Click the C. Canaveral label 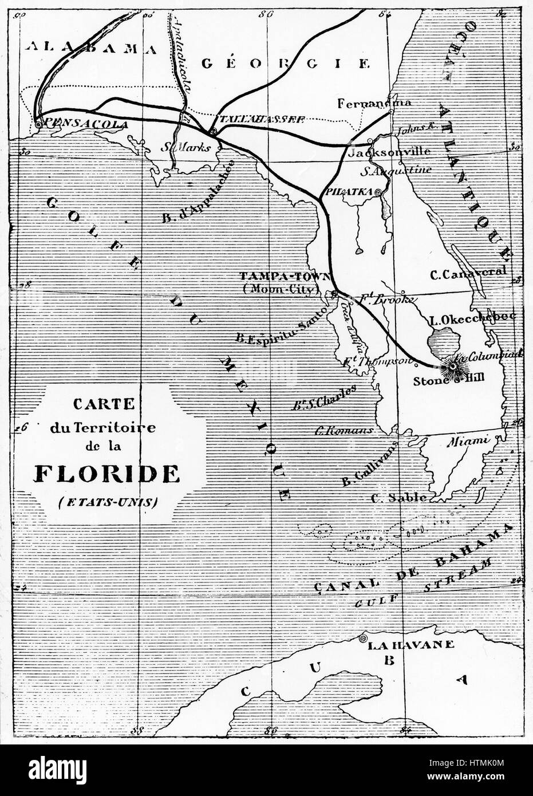tap(468, 273)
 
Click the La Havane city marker tap(362, 639)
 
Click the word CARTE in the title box tap(103, 404)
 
